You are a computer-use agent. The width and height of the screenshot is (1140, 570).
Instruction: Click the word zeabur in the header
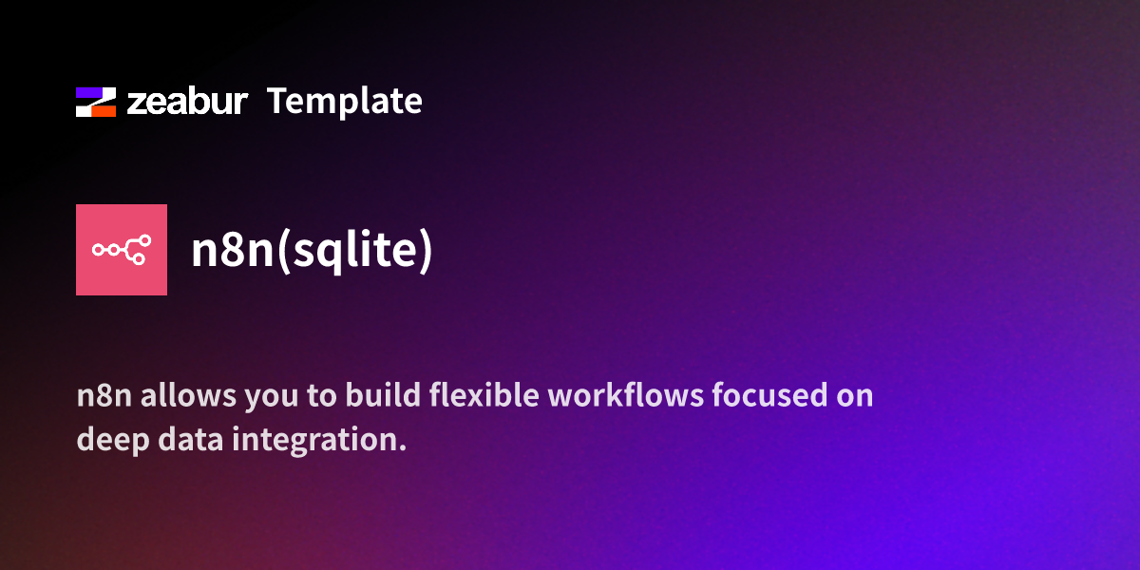[x=186, y=102]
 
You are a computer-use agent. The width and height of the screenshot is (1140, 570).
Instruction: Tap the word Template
[x=344, y=101]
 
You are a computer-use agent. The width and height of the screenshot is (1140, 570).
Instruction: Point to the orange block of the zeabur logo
[x=102, y=110]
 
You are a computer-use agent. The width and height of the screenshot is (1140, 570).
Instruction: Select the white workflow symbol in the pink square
[x=122, y=250]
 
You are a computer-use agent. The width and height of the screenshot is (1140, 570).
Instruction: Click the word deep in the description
[x=106, y=441]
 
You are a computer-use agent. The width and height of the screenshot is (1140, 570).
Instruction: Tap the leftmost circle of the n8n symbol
[x=98, y=250]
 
